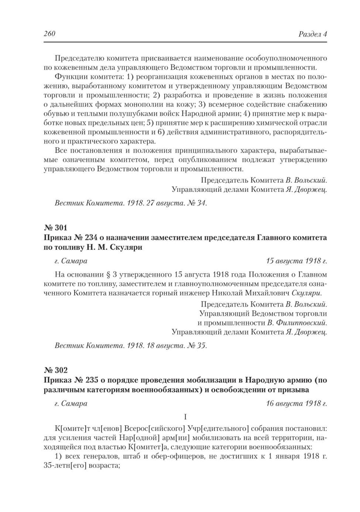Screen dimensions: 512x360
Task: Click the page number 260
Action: (49, 34)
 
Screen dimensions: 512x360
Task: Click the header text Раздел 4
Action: (312, 34)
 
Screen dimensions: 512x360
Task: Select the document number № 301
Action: (55, 227)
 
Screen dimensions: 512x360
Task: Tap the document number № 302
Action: (55, 370)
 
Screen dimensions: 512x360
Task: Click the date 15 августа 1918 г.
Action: (296, 261)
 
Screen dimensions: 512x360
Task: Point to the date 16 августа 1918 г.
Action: (296, 403)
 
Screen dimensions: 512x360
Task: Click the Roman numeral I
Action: (185, 417)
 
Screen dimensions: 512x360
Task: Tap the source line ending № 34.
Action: (131, 203)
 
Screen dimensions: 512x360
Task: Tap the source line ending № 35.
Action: (131, 346)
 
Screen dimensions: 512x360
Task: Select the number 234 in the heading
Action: (85, 238)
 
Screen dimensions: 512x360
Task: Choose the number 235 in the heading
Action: (85, 380)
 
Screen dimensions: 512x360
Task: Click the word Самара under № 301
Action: (74, 261)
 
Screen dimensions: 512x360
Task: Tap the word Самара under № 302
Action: (74, 403)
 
